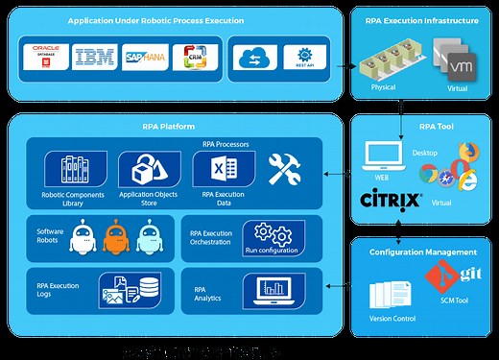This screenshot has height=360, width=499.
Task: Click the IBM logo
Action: [95, 59]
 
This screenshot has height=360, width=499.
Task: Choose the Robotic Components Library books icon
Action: [78, 171]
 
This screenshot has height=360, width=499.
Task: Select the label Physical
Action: [383, 87]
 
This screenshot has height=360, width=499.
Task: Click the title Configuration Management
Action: [423, 251]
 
